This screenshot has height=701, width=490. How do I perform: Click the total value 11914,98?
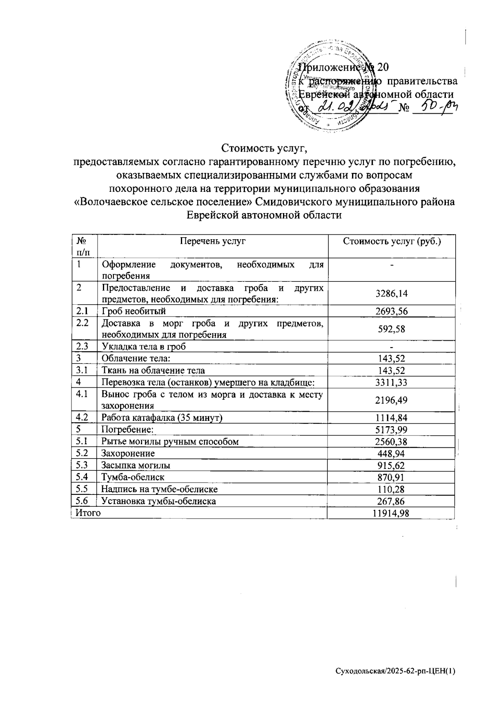[x=391, y=513]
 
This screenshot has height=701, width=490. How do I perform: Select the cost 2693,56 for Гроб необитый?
[x=391, y=312]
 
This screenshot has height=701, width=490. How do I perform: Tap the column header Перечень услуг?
[x=212, y=241]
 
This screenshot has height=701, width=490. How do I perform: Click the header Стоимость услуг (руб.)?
[x=392, y=241]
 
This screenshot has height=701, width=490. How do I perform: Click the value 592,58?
[x=391, y=329]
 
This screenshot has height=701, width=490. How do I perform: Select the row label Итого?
[x=87, y=513]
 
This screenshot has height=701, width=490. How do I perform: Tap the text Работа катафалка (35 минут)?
[x=163, y=418]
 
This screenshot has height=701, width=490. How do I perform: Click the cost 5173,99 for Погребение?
[x=391, y=430]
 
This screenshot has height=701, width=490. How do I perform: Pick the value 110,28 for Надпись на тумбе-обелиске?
[x=391, y=489]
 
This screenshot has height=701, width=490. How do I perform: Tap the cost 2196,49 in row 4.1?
[x=391, y=400]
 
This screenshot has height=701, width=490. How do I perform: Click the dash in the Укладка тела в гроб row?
[x=391, y=347]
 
